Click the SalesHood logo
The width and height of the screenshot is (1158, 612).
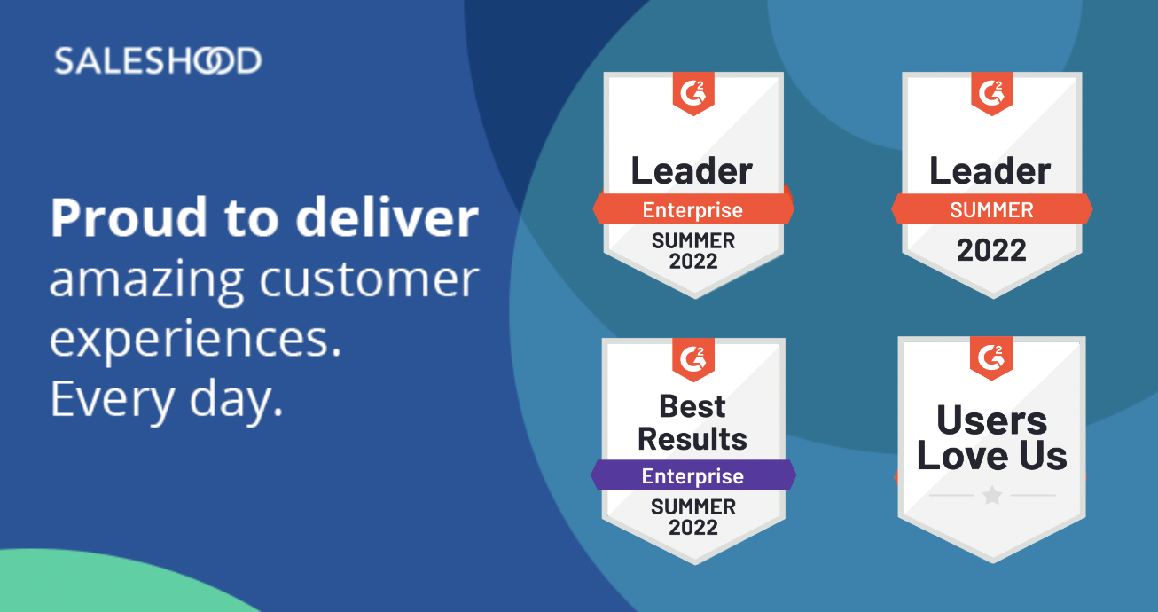coord(158,60)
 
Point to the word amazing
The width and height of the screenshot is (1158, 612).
coord(146,281)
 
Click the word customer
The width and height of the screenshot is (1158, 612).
coord(369,279)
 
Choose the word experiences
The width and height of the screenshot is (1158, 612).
coord(195,340)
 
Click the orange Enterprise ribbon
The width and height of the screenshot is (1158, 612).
coord(693,209)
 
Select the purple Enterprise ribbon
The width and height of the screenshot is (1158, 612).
coord(693,475)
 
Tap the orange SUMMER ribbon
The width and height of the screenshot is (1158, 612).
coord(991,209)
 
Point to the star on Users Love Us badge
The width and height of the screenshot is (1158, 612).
coord(992,495)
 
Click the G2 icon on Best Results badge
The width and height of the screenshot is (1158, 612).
coord(693,359)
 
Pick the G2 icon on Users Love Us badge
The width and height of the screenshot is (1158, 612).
coord(991,357)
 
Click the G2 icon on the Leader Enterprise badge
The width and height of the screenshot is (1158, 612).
coord(693,93)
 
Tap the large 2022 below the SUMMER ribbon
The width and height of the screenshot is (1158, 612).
coord(991,250)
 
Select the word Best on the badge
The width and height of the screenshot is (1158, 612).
coord(692,406)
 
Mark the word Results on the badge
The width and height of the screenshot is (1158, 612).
coord(692,439)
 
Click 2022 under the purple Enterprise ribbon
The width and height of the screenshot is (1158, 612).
coord(693,528)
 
